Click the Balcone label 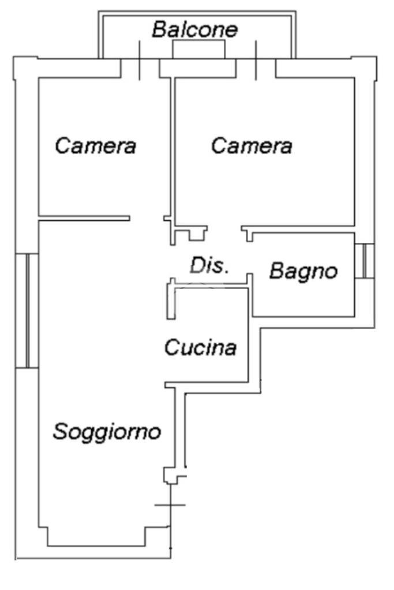coord(194,30)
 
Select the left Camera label coord(95,146)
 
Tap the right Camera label coord(251,146)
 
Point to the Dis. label coord(210,265)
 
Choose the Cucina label coord(200,348)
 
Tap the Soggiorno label coord(107,431)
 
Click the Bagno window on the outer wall coord(365,261)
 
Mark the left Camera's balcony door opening coord(140,67)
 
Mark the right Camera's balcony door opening coord(256,67)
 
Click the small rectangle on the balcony coord(198,51)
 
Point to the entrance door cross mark coord(171,505)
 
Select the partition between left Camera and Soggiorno coord(84,218)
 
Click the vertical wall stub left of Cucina coord(171,300)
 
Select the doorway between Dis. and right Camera coord(223,228)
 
